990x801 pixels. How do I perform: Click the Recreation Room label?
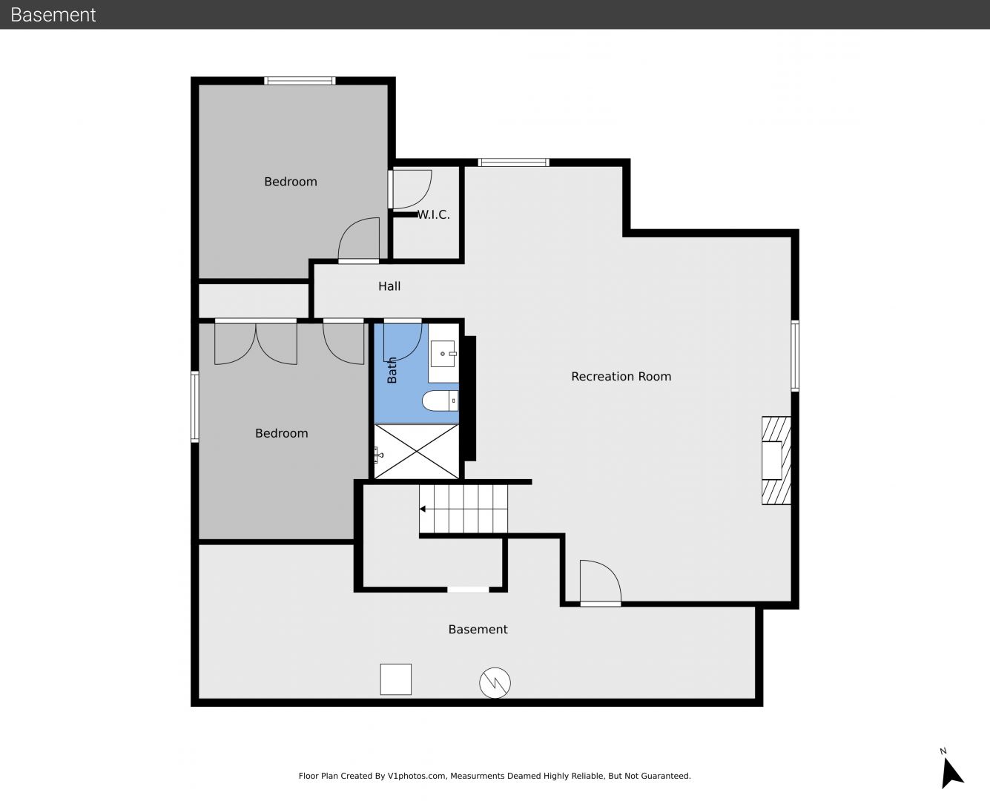pos(621,377)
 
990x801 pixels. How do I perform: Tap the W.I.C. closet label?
pos(434,215)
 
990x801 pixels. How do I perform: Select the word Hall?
pos(389,286)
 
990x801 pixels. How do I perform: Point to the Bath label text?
pos(392,370)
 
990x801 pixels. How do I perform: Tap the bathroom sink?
pos(443,354)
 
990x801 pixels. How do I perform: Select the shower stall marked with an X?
pos(417,452)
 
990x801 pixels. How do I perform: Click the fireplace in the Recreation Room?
pos(776,461)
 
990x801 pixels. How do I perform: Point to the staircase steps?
pos(463,509)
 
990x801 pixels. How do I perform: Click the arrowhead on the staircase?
pos(423,509)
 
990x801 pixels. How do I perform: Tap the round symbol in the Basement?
pos(495,683)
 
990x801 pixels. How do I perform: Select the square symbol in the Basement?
pos(395,679)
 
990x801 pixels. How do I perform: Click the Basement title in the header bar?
pos(53,15)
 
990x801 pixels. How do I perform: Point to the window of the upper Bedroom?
pos(300,81)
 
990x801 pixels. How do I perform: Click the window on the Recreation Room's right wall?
pos(795,356)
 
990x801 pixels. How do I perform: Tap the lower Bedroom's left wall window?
pos(195,406)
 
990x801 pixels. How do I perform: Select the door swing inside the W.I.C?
pos(412,189)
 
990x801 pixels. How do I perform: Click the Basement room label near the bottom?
pos(478,630)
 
